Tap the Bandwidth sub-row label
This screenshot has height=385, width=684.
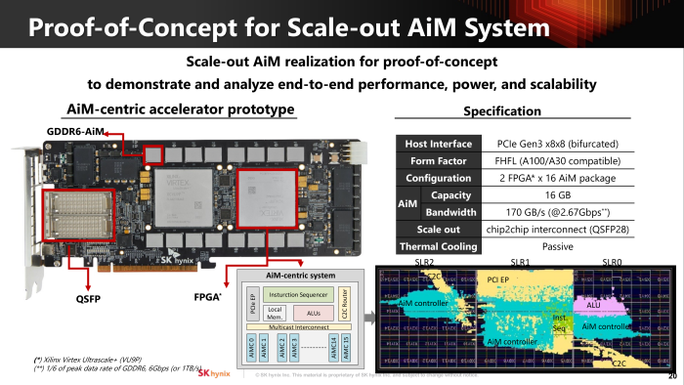click(x=450, y=211)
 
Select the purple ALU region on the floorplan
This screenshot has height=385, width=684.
click(x=593, y=305)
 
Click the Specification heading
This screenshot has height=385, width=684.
click(x=502, y=110)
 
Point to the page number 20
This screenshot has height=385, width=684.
click(x=671, y=376)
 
